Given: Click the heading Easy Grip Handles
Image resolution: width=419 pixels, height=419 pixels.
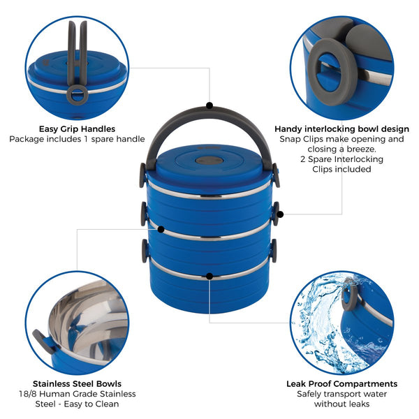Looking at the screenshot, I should tap(78, 128).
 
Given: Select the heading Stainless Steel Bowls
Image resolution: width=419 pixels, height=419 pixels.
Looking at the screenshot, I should tap(77, 383).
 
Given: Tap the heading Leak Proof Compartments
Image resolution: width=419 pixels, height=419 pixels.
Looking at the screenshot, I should tap(341, 383).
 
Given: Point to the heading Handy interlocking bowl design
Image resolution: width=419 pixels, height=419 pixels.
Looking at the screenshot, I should tap(341, 128).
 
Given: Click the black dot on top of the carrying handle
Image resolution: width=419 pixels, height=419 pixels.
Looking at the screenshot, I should tap(209, 105).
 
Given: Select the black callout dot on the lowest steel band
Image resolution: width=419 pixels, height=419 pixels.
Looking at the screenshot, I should tap(209, 277).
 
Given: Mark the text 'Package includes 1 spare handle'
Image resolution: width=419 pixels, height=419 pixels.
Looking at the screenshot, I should tap(77, 139).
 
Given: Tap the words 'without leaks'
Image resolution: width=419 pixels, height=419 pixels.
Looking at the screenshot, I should tap(341, 404).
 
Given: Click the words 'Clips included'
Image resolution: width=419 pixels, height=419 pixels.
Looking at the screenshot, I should tap(341, 169).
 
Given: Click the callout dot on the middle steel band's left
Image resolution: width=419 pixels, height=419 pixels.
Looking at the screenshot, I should tap(161, 229).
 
